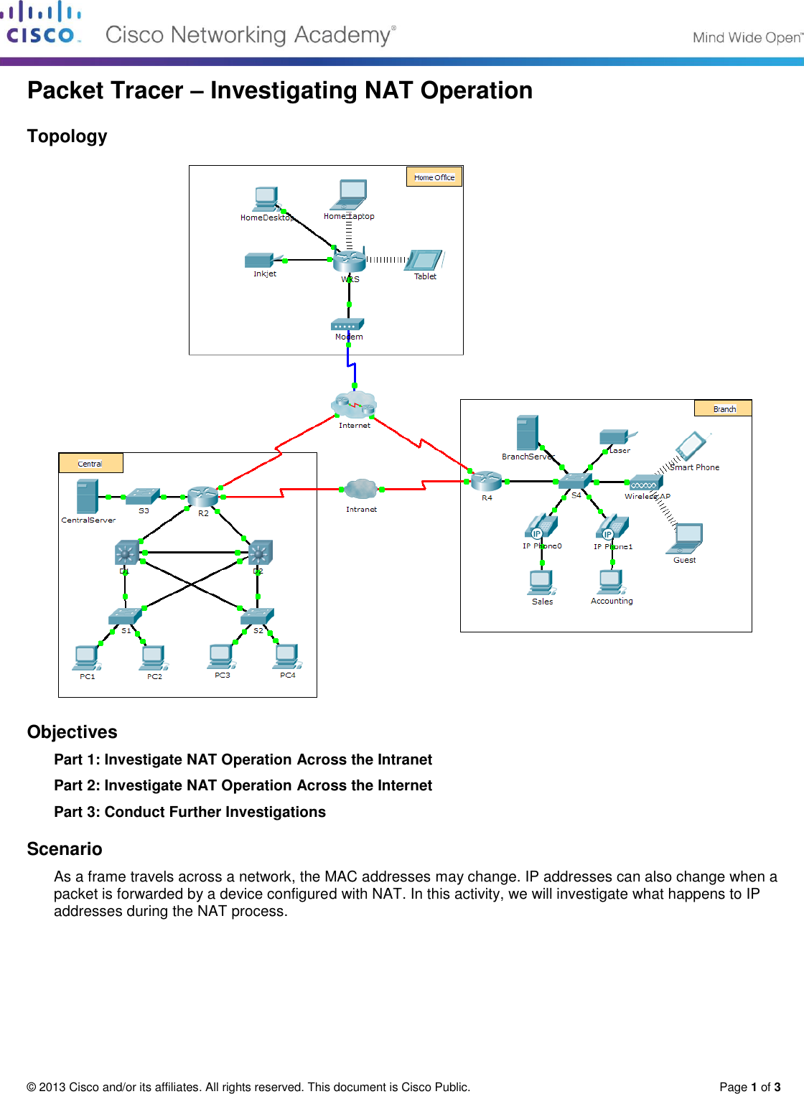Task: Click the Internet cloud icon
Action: [x=355, y=405]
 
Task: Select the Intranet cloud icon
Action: [x=361, y=490]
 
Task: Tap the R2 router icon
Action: [x=202, y=496]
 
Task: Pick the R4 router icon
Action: [x=487, y=481]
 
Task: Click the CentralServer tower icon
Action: [x=87, y=497]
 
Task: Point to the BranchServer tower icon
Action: [x=527, y=433]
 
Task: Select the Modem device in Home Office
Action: [x=348, y=324]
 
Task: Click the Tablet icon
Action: [x=425, y=260]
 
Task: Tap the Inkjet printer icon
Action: [x=259, y=260]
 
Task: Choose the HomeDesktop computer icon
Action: [x=266, y=199]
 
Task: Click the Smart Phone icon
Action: [x=691, y=446]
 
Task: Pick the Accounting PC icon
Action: [x=611, y=581]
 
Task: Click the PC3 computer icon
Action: [x=221, y=656]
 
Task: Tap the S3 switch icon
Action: [x=144, y=496]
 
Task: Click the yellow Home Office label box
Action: [x=434, y=177]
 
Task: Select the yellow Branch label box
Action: [x=723, y=408]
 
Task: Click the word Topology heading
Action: [x=67, y=136]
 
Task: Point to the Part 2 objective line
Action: [x=243, y=785]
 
